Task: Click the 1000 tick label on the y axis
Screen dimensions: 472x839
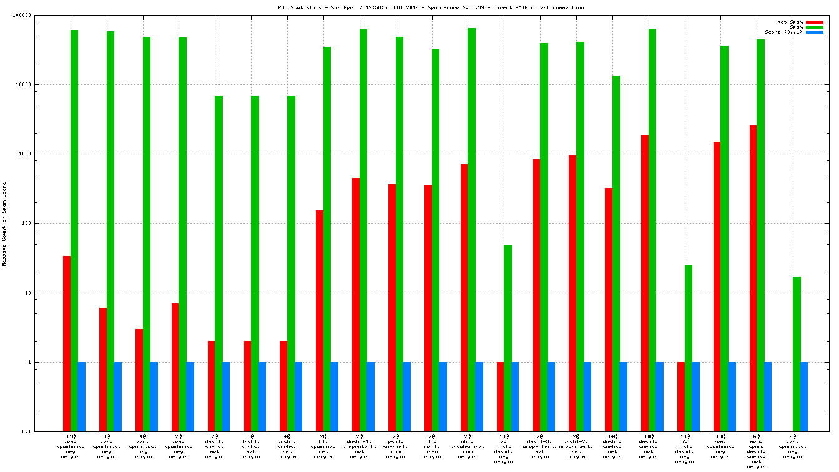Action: pyautogui.click(x=41, y=154)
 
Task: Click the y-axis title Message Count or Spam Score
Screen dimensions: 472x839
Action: pyautogui.click(x=4, y=224)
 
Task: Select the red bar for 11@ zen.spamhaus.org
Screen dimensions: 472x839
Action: pyautogui.click(x=67, y=343)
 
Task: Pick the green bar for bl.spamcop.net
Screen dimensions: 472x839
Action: pyautogui.click(x=327, y=239)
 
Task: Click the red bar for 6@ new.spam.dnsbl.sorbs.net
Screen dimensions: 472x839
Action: pyautogui.click(x=753, y=278)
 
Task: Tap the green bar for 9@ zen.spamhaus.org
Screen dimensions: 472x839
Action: pyautogui.click(x=797, y=354)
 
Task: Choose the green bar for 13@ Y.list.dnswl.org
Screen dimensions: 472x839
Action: pyautogui.click(x=688, y=348)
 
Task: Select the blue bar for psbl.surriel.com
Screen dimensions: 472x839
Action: pyautogui.click(x=407, y=396)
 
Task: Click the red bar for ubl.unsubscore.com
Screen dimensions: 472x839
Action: pyautogui.click(x=464, y=298)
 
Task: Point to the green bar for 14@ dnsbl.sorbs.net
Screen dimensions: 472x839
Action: pyautogui.click(x=616, y=253)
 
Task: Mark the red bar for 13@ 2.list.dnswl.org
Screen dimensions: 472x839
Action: pyautogui.click(x=501, y=396)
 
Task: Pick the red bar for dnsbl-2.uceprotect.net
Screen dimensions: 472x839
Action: pyautogui.click(x=572, y=293)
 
